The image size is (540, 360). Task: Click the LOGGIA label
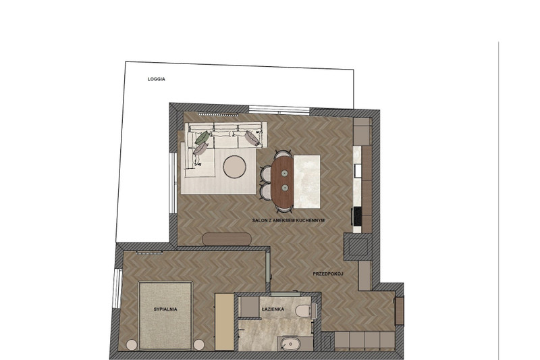[157, 79]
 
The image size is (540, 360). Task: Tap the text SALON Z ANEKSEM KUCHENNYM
[289, 220]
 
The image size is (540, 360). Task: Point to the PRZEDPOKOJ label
[329, 274]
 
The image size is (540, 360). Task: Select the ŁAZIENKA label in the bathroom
[273, 309]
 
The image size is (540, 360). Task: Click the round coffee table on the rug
[234, 167]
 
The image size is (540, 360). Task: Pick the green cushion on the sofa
[202, 138]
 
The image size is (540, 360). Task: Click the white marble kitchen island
[307, 182]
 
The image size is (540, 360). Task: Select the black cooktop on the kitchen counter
[358, 216]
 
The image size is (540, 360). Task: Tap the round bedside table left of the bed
[132, 345]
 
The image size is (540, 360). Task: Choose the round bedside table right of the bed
[198, 345]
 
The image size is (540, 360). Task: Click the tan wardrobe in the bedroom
[224, 322]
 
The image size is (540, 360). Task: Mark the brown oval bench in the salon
[227, 239]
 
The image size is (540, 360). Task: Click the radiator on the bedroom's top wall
[149, 253]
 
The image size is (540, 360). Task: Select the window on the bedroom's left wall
[117, 288]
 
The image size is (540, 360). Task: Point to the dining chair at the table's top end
[283, 153]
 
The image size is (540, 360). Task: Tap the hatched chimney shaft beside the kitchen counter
[358, 247]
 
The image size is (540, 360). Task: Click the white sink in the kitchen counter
[358, 171]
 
